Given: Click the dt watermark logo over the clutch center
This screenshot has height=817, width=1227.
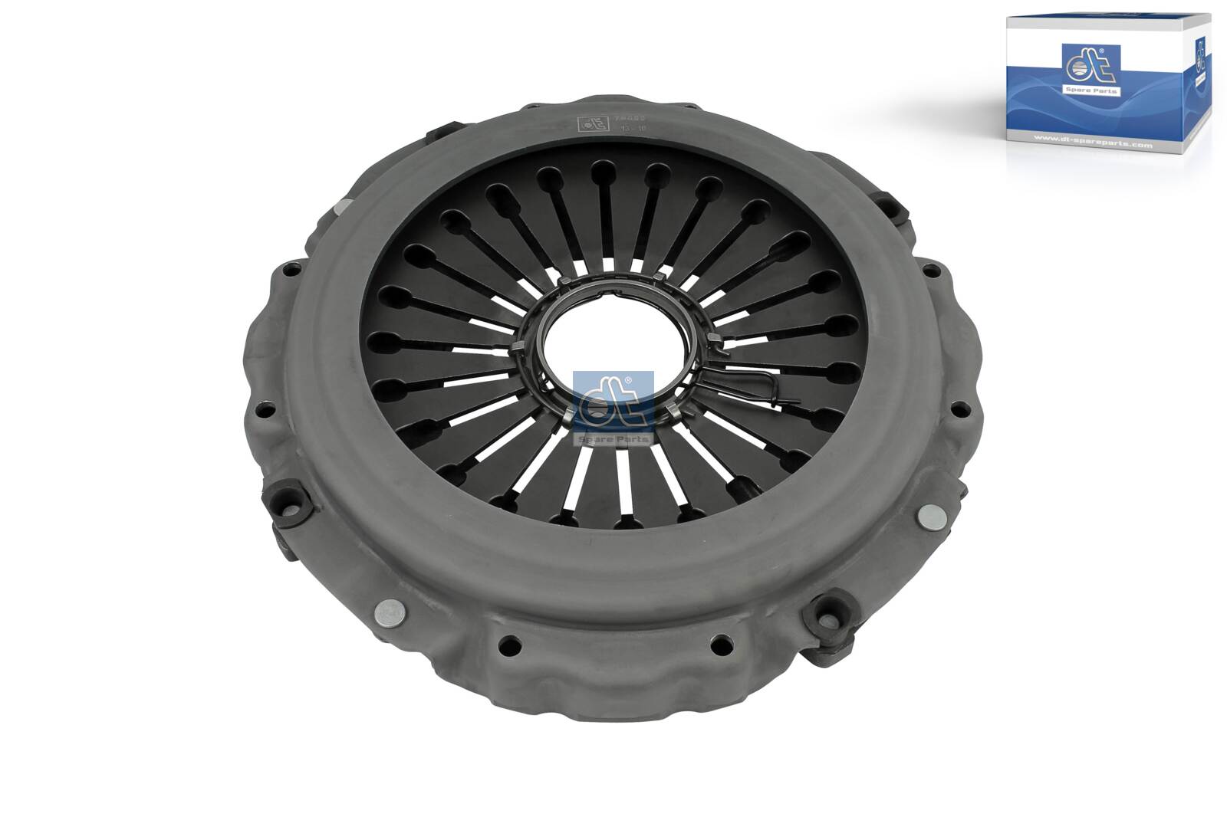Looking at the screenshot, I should pyautogui.click(x=613, y=401).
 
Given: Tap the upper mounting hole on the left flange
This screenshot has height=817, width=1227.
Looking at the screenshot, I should pyautogui.click(x=292, y=270).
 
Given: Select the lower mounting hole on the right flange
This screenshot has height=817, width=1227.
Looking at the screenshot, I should pyautogui.click(x=958, y=410).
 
